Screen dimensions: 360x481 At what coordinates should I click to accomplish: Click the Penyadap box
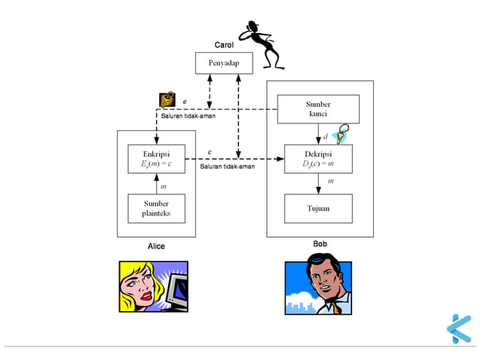point(224,63)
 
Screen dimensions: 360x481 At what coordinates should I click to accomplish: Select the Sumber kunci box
point(317,109)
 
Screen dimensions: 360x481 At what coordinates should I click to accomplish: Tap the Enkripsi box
point(156,158)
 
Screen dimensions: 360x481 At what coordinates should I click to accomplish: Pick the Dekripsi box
point(317,158)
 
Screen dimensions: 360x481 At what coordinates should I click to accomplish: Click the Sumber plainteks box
point(156,209)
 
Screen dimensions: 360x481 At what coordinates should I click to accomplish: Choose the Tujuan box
point(317,208)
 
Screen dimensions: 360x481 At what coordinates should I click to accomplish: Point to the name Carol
point(224,45)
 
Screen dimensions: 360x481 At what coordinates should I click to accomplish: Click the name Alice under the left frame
point(156,246)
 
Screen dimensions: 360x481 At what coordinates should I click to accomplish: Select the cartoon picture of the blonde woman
point(154,286)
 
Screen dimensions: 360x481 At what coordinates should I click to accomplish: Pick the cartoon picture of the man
point(317,287)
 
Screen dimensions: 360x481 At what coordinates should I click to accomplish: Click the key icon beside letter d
point(340,133)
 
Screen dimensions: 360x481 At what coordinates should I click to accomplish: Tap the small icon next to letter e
point(167,99)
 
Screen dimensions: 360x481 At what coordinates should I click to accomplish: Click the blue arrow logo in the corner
point(458,328)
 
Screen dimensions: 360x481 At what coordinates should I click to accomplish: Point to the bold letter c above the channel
point(210,153)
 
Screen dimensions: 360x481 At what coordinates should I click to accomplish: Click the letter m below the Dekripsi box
point(330,182)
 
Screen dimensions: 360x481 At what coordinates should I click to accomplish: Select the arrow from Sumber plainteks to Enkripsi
point(156,183)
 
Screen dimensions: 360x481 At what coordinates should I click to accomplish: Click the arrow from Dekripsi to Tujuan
point(318,183)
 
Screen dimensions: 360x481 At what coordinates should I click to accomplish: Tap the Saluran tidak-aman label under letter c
point(227,166)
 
